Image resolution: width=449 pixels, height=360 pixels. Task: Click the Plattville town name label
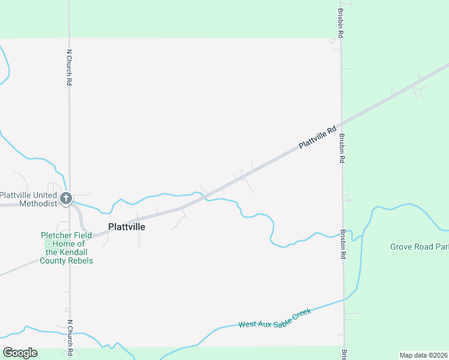[127, 227]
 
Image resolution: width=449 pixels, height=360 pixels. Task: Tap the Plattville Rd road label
[318, 138]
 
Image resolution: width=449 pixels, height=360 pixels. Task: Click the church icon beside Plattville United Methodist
[66, 197]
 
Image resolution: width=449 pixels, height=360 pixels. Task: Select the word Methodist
[38, 203]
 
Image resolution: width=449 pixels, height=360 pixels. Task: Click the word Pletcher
[56, 236]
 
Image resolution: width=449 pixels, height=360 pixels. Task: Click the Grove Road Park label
[419, 247]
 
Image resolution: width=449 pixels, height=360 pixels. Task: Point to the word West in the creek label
[248, 325]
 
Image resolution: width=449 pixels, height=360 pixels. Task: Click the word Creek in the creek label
[301, 314]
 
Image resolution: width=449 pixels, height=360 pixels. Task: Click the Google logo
[20, 352]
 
